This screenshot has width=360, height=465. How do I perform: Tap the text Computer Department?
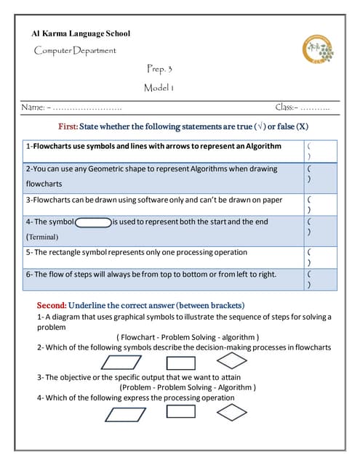click(75, 50)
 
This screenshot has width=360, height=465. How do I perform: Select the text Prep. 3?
click(159, 69)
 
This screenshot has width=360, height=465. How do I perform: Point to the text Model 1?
click(159, 88)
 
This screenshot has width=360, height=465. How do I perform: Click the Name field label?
click(34, 107)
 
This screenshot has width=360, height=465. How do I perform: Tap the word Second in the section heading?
click(52, 305)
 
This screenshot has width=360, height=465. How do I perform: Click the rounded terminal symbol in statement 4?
click(92, 222)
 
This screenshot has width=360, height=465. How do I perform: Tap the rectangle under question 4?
click(180, 412)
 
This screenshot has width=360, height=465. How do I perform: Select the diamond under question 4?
click(232, 412)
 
